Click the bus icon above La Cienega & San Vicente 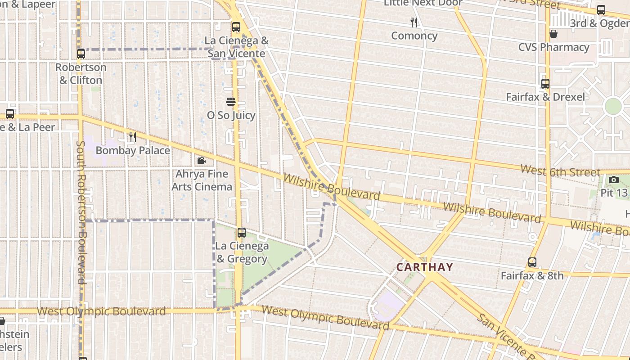(236, 27)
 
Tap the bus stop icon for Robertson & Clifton (81, 54)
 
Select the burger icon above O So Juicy (231, 102)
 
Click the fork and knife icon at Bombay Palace (132, 137)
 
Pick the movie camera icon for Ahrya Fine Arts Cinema (201, 160)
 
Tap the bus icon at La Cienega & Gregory (242, 233)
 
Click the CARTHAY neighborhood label (424, 267)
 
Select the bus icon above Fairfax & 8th (532, 262)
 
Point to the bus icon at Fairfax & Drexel (545, 84)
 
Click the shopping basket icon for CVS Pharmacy (553, 34)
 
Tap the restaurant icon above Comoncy (414, 22)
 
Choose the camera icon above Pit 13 (613, 180)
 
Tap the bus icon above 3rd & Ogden (601, 10)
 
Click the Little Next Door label (423, 4)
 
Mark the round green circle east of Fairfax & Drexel (613, 107)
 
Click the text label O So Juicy (231, 115)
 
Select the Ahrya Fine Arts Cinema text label (202, 180)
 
